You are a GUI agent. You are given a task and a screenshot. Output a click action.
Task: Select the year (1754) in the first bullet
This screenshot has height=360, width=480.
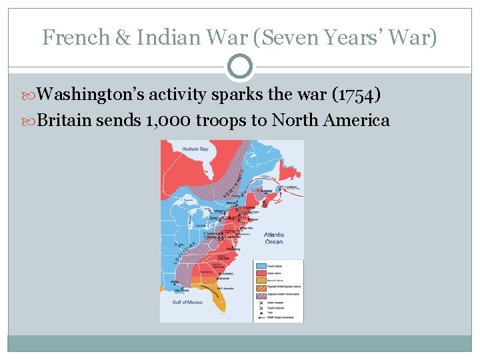click(356, 95)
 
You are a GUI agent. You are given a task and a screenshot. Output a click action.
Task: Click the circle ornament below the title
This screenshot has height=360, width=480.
click(240, 67)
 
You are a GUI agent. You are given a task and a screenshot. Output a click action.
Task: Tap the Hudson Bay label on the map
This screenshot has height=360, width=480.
click(195, 149)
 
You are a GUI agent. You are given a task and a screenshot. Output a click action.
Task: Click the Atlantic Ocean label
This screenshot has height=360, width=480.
click(273, 238)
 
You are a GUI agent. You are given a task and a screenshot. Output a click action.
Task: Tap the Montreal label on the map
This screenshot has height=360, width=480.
click(232, 203)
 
